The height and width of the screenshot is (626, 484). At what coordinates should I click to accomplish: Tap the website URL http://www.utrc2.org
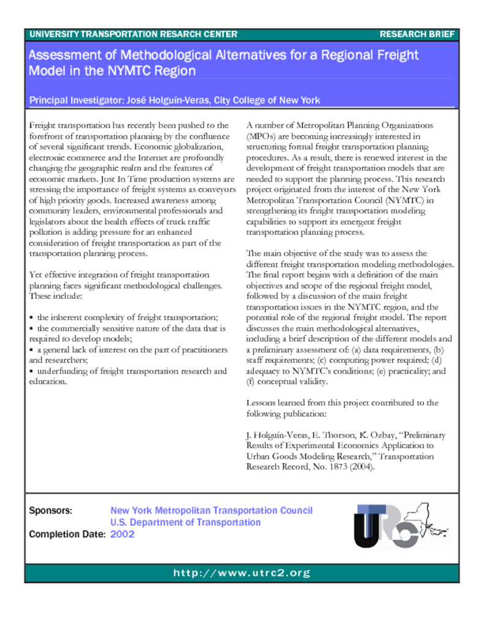(x=242, y=573)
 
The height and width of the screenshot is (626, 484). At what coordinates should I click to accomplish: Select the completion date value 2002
(x=122, y=534)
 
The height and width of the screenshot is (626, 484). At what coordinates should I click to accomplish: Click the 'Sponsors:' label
(x=51, y=510)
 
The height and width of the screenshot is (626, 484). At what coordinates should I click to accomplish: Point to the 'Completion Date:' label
(x=67, y=534)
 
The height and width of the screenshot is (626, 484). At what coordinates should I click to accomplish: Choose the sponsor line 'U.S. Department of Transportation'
(x=185, y=522)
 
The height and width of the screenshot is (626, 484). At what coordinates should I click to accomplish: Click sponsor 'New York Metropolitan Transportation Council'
(x=211, y=510)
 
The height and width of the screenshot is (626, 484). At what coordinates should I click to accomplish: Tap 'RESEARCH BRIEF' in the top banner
(x=417, y=34)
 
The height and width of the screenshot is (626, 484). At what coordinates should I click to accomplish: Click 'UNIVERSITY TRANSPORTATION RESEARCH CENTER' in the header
(x=133, y=34)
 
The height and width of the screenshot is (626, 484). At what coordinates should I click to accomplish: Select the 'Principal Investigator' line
(x=174, y=100)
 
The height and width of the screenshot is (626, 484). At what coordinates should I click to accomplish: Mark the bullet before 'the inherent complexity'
(x=32, y=318)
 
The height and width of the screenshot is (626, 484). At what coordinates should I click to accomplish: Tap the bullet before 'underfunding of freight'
(x=32, y=371)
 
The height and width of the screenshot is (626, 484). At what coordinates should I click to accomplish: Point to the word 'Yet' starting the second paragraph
(x=36, y=275)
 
